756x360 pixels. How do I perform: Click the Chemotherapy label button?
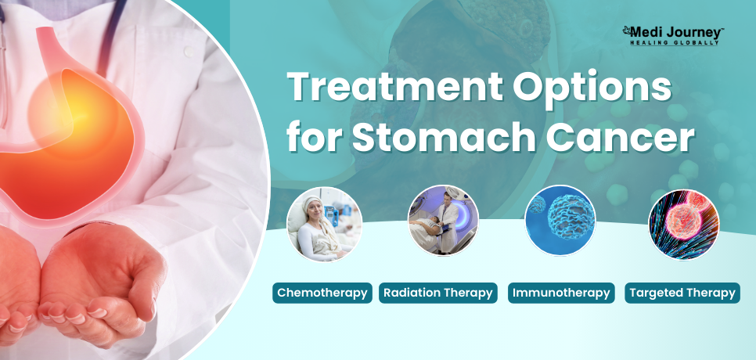[x=322, y=293]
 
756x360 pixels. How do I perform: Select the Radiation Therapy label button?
[x=437, y=293]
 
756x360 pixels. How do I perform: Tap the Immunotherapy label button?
[x=561, y=293]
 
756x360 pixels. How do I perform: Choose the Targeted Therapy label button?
[x=682, y=293]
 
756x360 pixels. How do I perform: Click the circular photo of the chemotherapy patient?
[x=324, y=224]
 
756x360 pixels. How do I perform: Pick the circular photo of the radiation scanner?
[x=443, y=220]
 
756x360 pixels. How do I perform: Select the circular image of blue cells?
[x=560, y=220]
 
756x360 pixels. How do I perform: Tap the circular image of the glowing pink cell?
[x=684, y=225]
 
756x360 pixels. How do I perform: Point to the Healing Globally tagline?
[x=674, y=43]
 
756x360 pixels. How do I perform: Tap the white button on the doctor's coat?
[x=189, y=52]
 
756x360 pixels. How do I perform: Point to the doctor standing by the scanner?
[x=448, y=222]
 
